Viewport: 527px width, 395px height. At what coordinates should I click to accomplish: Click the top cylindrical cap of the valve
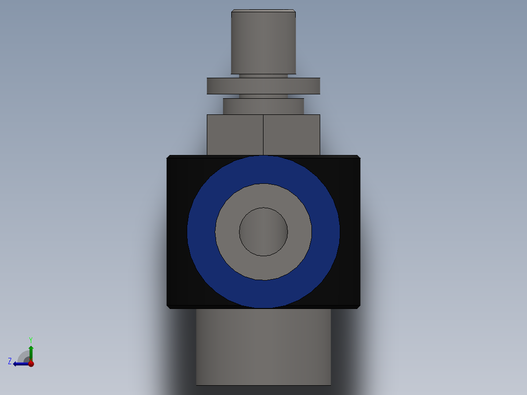pyautogui.click(x=263, y=43)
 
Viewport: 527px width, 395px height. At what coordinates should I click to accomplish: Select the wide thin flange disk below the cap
pyautogui.click(x=263, y=86)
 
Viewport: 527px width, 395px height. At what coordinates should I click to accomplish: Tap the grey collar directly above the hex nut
pyautogui.click(x=263, y=106)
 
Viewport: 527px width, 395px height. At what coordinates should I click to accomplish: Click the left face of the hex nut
pyautogui.click(x=235, y=134)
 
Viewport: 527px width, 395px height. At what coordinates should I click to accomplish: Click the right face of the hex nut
pyautogui.click(x=291, y=134)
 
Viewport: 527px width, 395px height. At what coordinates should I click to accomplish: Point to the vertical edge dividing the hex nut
pyautogui.click(x=263, y=134)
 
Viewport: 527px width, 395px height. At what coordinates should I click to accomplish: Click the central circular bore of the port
pyautogui.click(x=263, y=232)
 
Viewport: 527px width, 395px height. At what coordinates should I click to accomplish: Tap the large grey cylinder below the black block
pyautogui.click(x=263, y=347)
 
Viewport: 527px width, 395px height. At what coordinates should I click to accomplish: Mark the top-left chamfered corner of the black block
pyautogui.click(x=169, y=157)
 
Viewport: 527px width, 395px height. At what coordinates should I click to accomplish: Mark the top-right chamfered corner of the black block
pyautogui.click(x=358, y=157)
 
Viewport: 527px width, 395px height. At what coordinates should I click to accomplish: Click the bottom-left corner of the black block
pyautogui.click(x=169, y=307)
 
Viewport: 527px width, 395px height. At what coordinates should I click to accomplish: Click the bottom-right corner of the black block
pyautogui.click(x=358, y=307)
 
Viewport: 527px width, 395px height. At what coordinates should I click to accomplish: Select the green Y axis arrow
pyautogui.click(x=31, y=351)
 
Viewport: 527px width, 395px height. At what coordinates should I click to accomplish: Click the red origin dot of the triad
pyautogui.click(x=31, y=363)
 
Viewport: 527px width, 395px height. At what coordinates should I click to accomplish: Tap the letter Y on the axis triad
pyautogui.click(x=30, y=339)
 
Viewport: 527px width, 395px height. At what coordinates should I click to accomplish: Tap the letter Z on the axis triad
pyautogui.click(x=10, y=361)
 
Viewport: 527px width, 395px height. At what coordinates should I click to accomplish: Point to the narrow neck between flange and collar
pyautogui.click(x=263, y=96)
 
